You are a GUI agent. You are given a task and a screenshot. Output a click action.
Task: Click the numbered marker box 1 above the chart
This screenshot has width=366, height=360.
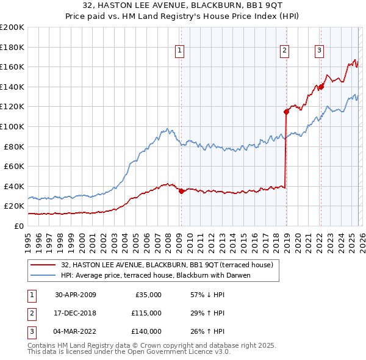click(181, 51)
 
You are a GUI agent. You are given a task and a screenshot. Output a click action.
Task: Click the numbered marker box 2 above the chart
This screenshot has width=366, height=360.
click(285, 51)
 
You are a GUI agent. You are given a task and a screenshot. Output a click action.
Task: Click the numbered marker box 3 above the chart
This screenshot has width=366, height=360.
click(319, 51)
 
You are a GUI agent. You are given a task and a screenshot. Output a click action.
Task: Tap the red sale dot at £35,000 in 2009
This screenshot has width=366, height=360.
click(181, 191)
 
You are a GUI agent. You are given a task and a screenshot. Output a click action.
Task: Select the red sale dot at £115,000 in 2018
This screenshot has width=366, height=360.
click(286, 111)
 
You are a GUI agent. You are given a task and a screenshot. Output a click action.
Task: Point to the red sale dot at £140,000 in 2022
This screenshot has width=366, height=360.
click(321, 87)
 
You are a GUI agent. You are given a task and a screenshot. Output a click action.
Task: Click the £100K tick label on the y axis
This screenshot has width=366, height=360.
click(12, 126)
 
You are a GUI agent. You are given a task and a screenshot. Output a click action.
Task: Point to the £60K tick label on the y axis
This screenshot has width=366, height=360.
click(13, 166)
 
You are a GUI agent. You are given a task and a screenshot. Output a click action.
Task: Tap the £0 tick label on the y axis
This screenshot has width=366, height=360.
click(18, 226)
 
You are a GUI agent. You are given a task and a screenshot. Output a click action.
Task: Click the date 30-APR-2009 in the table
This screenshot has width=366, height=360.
click(75, 295)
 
